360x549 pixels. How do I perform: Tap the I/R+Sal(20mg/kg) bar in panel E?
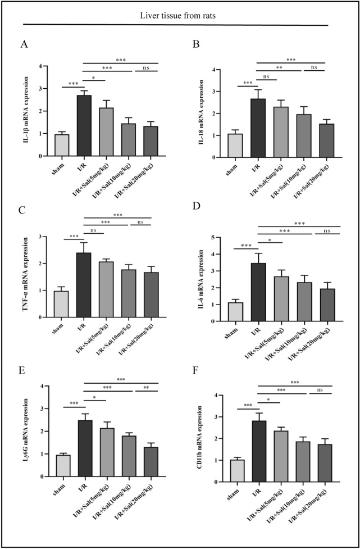(150, 461)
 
